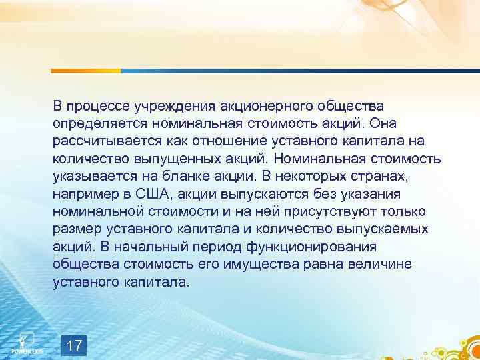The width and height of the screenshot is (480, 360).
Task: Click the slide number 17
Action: (75, 345)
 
